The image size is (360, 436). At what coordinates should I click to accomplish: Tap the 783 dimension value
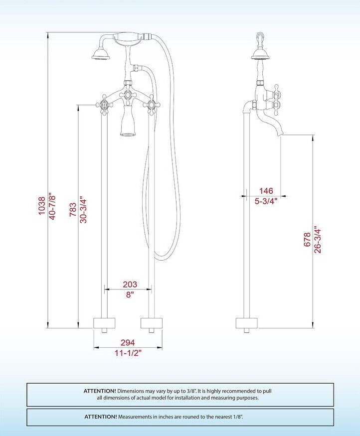click(x=73, y=209)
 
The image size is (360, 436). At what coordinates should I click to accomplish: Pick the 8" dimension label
click(x=130, y=294)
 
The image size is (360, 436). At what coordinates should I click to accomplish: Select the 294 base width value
click(x=127, y=343)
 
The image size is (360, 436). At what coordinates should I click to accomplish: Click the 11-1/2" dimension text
click(x=127, y=353)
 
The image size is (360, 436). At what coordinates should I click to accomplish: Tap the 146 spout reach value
click(x=266, y=191)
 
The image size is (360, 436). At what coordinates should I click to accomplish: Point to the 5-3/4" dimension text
click(x=266, y=201)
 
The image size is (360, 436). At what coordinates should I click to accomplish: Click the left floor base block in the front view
click(x=105, y=323)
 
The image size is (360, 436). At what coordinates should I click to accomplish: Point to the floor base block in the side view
click(x=246, y=323)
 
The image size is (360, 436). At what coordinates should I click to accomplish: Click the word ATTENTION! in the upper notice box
click(x=100, y=391)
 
